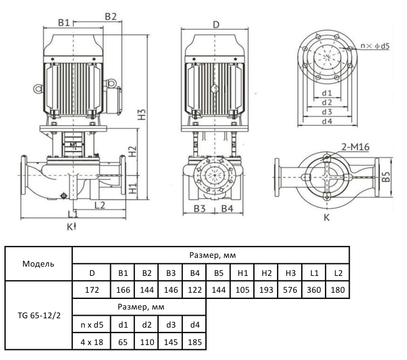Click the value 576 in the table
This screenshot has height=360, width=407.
pyautogui.click(x=291, y=290)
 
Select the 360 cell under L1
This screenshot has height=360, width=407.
pyautogui.click(x=314, y=290)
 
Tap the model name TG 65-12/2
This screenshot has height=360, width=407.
pyautogui.click(x=39, y=315)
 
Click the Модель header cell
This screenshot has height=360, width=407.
pyautogui.click(x=39, y=263)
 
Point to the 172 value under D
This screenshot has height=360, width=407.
pyautogui.click(x=91, y=290)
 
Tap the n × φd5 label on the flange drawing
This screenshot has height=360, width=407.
pyautogui.click(x=375, y=46)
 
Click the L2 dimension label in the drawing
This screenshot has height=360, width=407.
pyautogui.click(x=98, y=204)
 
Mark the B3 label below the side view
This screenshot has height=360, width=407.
pyautogui.click(x=199, y=209)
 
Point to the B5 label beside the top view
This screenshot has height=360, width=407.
pyautogui.click(x=386, y=178)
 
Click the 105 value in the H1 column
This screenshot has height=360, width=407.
pyautogui.click(x=242, y=290)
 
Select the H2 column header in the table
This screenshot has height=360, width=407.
pyautogui.click(x=266, y=273)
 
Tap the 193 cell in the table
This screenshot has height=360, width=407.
pyautogui.click(x=266, y=290)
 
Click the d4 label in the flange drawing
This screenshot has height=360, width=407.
pyautogui.click(x=327, y=121)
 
